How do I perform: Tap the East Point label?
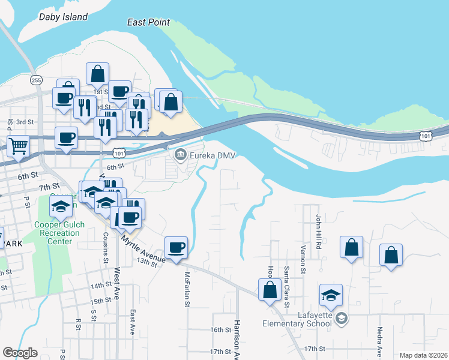[x=148, y=22]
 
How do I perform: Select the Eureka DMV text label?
[x=211, y=156]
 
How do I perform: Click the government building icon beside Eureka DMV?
[x=179, y=156]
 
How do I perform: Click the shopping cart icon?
[x=18, y=145]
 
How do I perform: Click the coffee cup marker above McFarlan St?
[x=176, y=248]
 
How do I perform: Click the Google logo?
[x=20, y=353]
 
